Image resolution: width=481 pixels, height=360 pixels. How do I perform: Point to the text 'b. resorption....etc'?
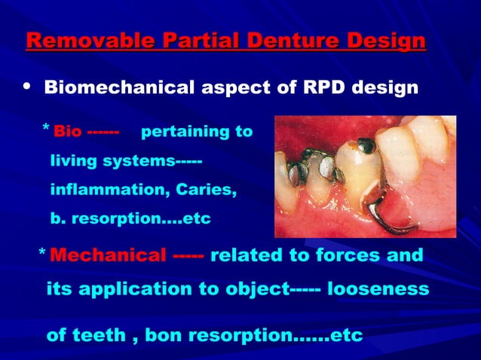click(130, 220)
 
